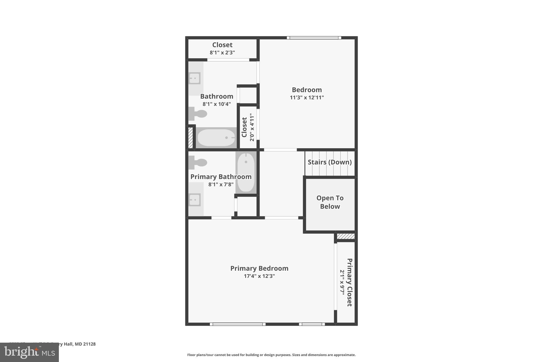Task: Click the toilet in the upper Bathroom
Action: (198, 114)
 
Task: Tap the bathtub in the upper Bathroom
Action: (216, 138)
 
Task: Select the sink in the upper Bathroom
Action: (194, 78)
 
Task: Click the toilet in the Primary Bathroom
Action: (198, 162)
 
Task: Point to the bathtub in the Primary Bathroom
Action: (246, 172)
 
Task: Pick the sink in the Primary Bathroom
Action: (194, 200)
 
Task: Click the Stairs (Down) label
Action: (330, 162)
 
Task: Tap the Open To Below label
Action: (330, 202)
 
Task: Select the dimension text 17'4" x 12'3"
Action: (259, 276)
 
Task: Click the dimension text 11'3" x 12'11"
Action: (307, 97)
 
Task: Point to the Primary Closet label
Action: (349, 282)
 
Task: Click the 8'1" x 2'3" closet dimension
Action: (222, 53)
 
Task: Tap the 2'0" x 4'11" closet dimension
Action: (252, 127)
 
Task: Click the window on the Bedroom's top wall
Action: (314, 38)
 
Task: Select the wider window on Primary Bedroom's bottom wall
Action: (238, 324)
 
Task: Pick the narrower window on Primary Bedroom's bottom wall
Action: (312, 324)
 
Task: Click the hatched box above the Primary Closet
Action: (345, 236)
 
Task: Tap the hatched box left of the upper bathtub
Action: (190, 138)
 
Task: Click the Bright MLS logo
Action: (29, 352)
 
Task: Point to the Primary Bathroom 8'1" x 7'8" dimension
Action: (221, 184)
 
